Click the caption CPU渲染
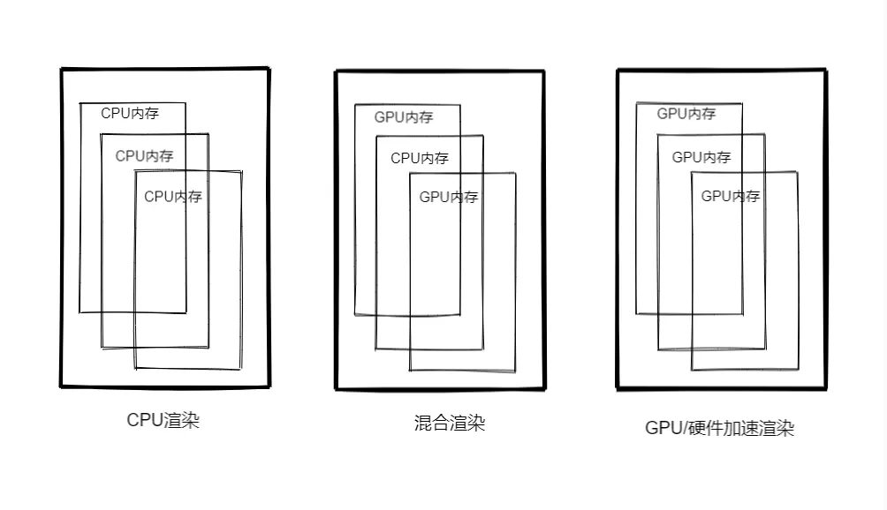click(x=163, y=420)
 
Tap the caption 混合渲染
click(x=450, y=424)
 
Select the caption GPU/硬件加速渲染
click(x=720, y=429)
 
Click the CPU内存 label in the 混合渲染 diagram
click(x=420, y=159)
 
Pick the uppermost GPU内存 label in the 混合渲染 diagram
click(x=404, y=117)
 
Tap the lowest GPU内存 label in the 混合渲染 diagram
click(x=449, y=198)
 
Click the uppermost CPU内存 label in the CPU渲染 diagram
click(x=130, y=114)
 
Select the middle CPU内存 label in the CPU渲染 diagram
click(x=144, y=156)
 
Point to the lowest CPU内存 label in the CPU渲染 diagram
click(x=173, y=197)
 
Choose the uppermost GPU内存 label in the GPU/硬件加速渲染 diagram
click(x=686, y=114)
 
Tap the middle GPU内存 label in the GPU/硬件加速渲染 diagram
click(x=701, y=158)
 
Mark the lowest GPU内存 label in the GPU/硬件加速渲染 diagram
click(x=731, y=197)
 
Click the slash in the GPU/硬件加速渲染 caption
click(x=681, y=429)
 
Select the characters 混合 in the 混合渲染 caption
click(x=432, y=424)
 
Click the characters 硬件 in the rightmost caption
click(x=704, y=429)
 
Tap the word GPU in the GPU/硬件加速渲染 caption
click(x=662, y=429)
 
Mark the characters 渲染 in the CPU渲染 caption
click(x=182, y=420)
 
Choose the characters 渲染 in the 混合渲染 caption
click(x=468, y=424)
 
